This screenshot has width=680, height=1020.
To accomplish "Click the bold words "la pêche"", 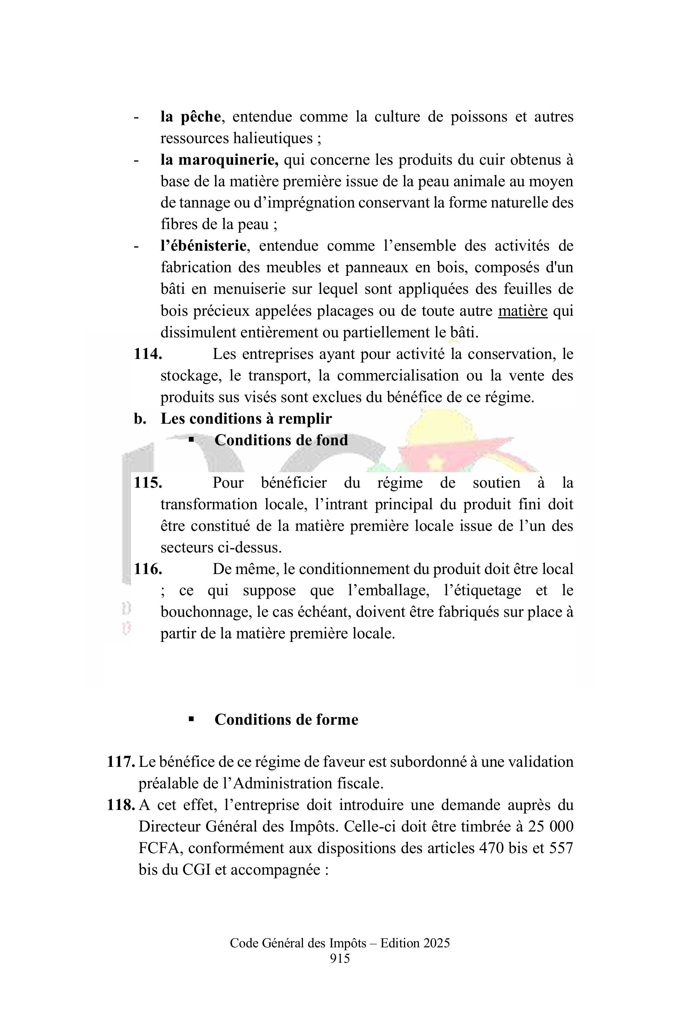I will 190,117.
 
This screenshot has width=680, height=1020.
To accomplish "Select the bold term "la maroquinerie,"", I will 219,160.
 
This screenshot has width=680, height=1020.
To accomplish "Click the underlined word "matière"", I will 522,311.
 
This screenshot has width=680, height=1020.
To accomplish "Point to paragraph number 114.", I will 148,354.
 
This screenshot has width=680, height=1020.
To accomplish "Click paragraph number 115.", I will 148,482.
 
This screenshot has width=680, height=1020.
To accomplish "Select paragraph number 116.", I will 148,569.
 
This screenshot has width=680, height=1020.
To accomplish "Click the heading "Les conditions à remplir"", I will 246,419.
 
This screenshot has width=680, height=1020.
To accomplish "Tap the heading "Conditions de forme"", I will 286,720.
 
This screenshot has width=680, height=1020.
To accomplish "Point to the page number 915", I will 340,958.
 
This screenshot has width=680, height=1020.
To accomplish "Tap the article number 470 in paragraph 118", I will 490,848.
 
